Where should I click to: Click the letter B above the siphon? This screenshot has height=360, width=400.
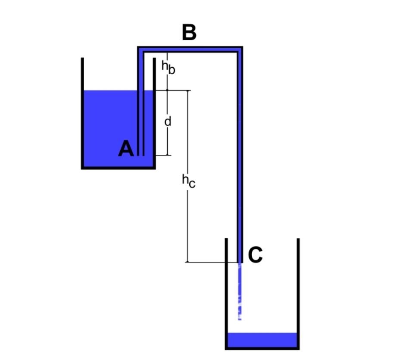[189, 32]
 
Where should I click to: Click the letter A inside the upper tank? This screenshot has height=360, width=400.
[126, 148]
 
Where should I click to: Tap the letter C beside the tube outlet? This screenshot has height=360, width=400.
[255, 254]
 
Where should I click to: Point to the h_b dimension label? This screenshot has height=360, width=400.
[169, 67]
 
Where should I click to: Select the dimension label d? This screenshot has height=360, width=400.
[168, 122]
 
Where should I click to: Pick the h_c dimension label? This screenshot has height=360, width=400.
[189, 181]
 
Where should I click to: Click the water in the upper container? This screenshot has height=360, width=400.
[109, 128]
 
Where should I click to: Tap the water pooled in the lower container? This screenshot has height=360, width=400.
[262, 340]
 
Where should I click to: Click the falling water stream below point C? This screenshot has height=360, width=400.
[240, 291]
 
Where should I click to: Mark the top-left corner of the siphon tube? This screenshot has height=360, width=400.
[138, 47]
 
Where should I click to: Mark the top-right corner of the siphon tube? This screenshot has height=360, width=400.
[242, 47]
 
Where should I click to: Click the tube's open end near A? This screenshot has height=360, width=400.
[141, 155]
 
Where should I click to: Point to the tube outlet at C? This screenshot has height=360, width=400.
[240, 262]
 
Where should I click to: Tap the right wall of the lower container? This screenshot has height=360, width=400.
[298, 294]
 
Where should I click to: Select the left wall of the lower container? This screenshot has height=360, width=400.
[226, 294]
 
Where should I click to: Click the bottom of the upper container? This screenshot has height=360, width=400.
[119, 168]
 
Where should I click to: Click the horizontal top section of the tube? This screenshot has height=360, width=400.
[190, 49]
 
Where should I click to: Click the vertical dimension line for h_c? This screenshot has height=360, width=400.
[188, 176]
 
